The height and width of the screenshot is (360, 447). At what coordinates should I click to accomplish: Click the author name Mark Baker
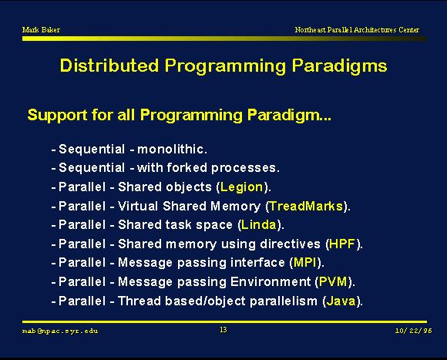(x=41, y=29)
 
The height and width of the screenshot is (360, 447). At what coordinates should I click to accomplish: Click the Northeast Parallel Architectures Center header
(x=357, y=29)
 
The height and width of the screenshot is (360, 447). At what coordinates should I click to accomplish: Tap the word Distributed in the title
(x=109, y=66)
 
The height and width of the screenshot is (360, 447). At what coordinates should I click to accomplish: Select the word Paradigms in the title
(x=340, y=66)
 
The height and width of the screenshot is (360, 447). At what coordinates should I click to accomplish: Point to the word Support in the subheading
(x=58, y=116)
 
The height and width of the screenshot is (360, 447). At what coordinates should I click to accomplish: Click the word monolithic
(x=172, y=149)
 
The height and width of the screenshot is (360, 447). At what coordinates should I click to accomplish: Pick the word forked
(x=187, y=167)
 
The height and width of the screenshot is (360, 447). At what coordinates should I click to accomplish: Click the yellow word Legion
(x=242, y=187)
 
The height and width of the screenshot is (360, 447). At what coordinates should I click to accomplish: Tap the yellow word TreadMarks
(x=306, y=206)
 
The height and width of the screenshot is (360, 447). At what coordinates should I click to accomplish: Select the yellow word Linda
(x=259, y=225)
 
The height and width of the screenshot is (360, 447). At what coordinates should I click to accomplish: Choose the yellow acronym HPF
(x=342, y=244)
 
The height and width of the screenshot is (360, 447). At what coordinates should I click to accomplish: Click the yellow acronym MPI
(x=304, y=263)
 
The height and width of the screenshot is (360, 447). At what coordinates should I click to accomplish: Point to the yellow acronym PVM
(x=333, y=282)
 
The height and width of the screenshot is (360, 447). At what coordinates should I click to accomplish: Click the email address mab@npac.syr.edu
(x=60, y=331)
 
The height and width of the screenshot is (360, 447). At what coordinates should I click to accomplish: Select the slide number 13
(x=223, y=330)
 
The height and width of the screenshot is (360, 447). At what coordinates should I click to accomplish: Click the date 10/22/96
(x=413, y=331)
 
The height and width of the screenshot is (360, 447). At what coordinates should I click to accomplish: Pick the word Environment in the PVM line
(x=271, y=282)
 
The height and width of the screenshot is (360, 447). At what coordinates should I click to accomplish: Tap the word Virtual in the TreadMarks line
(x=138, y=206)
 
